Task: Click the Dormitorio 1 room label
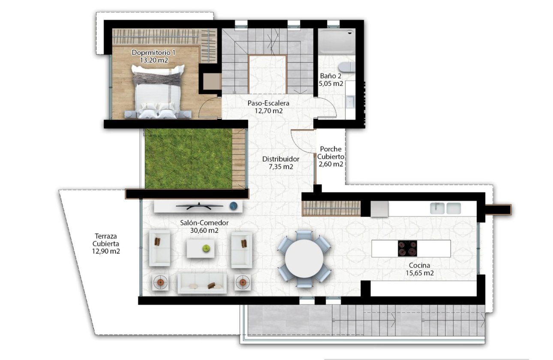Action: coord(153,53)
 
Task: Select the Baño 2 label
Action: coord(331,76)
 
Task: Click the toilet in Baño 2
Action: coord(346,67)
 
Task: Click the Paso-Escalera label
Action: coord(268,103)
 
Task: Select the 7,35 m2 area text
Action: coord(281,167)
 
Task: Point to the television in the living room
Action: coord(200,206)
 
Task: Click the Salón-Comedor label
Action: coord(204,223)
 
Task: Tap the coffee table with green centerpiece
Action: coord(201,248)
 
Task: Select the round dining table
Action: coord(304,259)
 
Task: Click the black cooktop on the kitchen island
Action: coord(407,248)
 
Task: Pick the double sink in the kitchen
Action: coord(445,208)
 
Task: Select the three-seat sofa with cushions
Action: coord(202,283)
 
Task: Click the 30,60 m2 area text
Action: coord(204,230)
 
